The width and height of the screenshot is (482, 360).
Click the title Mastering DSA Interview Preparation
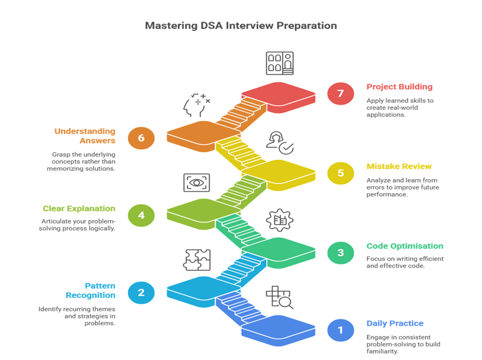click(x=241, y=26)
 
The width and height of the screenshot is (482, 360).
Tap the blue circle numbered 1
click(x=340, y=329)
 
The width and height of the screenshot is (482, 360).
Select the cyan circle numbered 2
click(x=141, y=292)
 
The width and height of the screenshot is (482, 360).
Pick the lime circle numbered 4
click(x=141, y=215)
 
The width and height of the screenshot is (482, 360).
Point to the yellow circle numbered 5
click(x=340, y=173)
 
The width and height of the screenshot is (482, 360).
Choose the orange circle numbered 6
click(x=141, y=139)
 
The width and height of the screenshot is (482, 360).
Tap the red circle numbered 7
click(x=340, y=93)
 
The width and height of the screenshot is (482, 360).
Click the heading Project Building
click(x=399, y=87)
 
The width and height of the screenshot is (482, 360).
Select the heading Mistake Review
click(x=399, y=166)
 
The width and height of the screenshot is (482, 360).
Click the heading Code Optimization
click(x=404, y=246)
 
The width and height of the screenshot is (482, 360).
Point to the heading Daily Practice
click(x=394, y=324)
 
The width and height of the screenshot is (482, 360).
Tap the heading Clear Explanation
click(x=79, y=208)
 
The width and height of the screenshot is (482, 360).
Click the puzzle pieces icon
click(x=198, y=260)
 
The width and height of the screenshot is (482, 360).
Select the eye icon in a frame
click(x=196, y=183)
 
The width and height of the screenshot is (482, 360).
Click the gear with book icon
click(x=279, y=220)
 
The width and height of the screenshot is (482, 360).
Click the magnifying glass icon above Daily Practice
click(x=280, y=298)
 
